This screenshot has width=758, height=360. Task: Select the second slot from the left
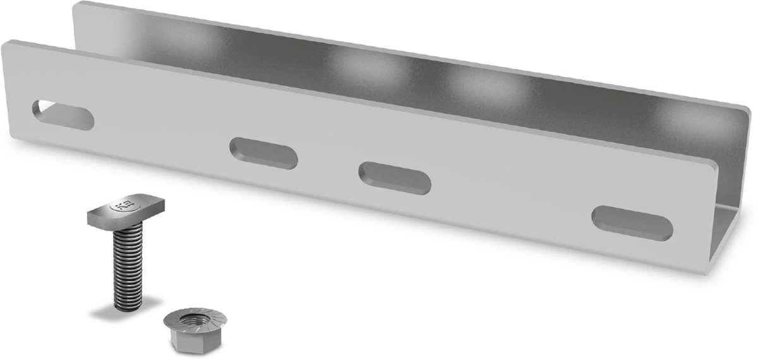(x=263, y=153)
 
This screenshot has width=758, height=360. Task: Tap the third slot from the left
(x=395, y=178)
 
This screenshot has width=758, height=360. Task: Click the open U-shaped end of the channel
(x=733, y=215)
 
